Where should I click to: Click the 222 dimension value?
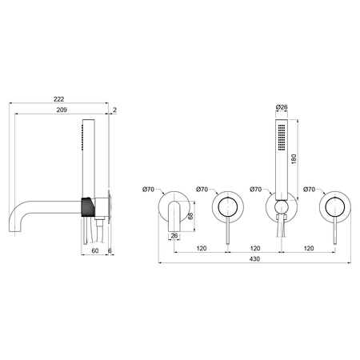tap(58, 99)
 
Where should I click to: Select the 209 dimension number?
tap(62, 110)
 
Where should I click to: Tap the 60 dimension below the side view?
tap(95, 250)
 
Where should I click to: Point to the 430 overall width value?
tap(254, 259)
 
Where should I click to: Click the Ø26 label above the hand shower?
tap(282, 107)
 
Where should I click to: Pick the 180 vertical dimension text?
tap(294, 159)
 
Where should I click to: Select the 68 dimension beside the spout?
tap(190, 216)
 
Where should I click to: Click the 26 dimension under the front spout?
tap(174, 236)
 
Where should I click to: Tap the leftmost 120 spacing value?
tap(202, 248)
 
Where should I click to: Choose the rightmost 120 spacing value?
tap(309, 248)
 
